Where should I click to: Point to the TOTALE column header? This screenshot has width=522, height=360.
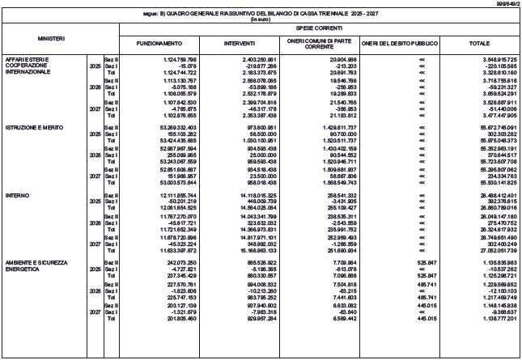tap(480, 42)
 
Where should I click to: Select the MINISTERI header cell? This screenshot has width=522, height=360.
tap(51, 38)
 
